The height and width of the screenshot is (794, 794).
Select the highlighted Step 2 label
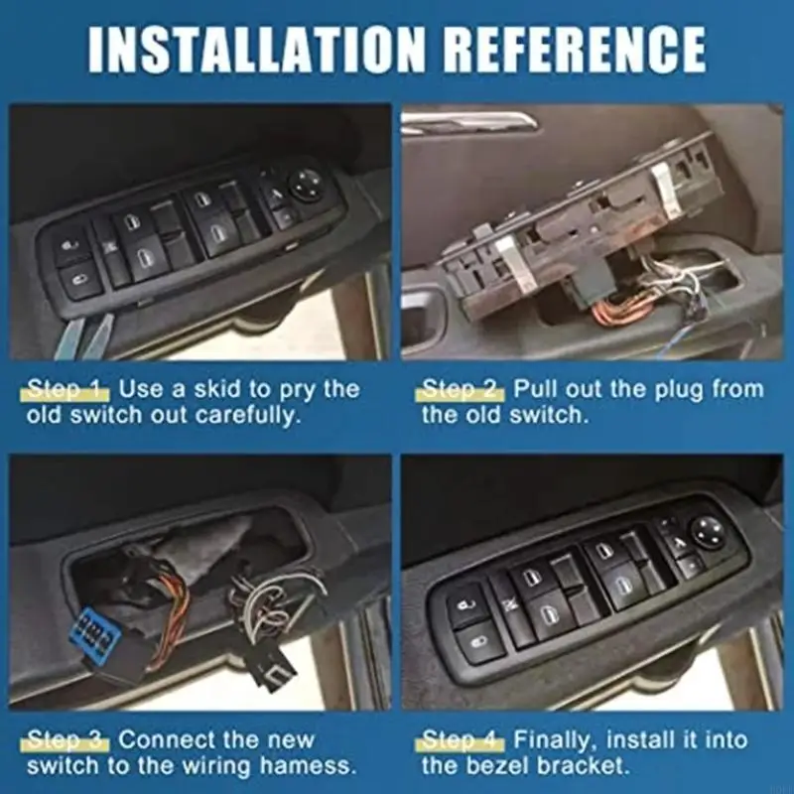(x=463, y=388)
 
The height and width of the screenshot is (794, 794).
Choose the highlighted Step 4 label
(x=463, y=739)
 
